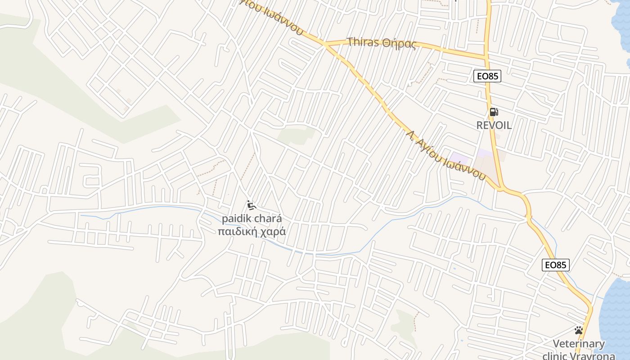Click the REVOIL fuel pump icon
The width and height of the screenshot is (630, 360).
494,112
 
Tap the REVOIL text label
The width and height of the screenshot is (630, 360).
494,126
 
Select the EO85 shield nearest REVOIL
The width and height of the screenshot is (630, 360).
487,76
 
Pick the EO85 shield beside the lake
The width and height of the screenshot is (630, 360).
555,265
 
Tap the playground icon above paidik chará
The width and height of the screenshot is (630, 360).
252,205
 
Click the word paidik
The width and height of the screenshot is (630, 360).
237,219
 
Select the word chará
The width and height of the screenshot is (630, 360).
269,219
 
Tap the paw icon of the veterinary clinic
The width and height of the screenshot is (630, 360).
579,331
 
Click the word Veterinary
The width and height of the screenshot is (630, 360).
579,344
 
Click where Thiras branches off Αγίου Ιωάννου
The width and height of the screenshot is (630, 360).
325,45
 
